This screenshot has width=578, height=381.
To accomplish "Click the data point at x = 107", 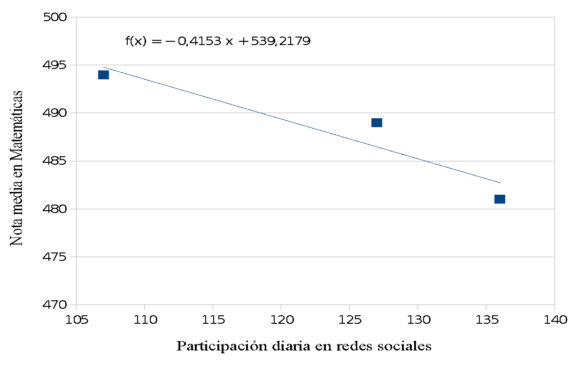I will click(103, 75).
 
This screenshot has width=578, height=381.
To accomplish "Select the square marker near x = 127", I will click(377, 123).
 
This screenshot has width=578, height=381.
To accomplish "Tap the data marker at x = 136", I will click(500, 199).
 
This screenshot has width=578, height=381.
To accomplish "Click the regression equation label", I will click(218, 41).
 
